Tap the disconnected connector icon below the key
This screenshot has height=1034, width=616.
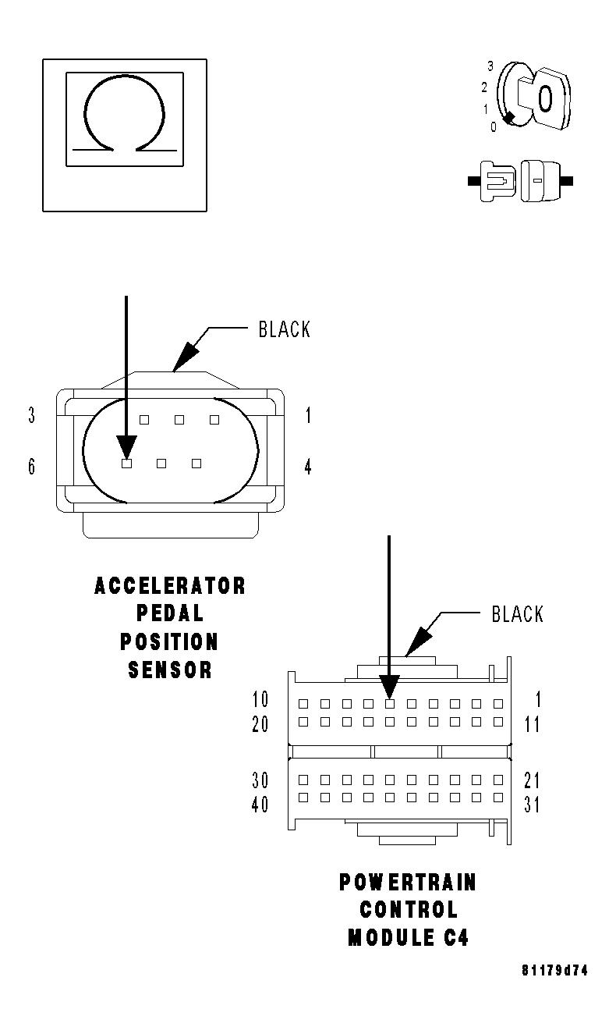click(520, 181)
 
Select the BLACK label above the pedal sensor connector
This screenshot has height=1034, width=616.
click(285, 330)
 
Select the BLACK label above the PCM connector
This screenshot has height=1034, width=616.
click(517, 614)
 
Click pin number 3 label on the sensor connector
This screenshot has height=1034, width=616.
click(31, 416)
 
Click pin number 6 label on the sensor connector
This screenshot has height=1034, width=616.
click(31, 467)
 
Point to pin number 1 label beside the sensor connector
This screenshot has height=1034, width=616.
click(308, 416)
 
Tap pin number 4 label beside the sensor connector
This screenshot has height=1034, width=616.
click(308, 467)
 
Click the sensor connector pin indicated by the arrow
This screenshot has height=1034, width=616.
click(126, 464)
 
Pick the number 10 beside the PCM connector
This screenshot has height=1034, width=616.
click(260, 700)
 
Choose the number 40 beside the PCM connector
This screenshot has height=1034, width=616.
click(260, 804)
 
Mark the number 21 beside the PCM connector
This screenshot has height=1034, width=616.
click(532, 780)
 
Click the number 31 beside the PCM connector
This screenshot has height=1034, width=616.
click(532, 804)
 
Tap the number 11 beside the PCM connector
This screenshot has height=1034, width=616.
click(532, 724)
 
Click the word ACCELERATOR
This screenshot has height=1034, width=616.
click(170, 585)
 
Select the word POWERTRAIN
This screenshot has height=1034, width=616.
click(408, 883)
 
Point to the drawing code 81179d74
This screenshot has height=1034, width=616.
click(554, 972)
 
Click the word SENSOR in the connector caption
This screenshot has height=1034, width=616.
click(170, 670)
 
